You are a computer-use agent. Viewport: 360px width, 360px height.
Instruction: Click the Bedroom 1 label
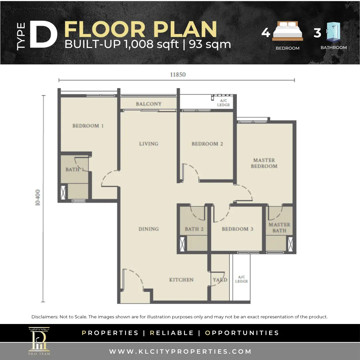pos(88,126)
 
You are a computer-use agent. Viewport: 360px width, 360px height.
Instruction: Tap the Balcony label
pos(149,104)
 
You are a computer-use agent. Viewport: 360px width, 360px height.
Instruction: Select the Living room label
pos(149,144)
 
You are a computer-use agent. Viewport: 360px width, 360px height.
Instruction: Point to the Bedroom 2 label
pos(207,144)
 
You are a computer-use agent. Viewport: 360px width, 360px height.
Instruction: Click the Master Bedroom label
pos(264,163)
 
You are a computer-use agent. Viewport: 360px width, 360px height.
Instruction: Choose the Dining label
pos(149,229)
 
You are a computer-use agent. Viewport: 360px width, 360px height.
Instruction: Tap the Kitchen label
pos(181,280)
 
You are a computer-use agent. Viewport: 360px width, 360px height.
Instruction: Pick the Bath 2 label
pos(194,229)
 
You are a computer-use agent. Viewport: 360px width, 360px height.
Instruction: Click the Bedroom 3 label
pos(237,229)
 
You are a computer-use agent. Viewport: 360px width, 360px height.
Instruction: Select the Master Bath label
pos(279,228)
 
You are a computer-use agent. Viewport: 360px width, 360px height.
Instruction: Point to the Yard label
pos(220,280)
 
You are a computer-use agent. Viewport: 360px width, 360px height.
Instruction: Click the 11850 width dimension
pos(178,75)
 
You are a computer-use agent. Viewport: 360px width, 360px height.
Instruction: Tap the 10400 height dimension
pos(38,197)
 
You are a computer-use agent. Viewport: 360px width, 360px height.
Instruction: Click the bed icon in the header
pos(288,31)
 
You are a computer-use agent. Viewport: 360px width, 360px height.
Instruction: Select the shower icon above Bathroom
pos(333,32)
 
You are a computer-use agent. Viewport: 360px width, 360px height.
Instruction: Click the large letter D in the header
pos(43,34)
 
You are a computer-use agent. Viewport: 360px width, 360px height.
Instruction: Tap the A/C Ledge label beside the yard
pos(241,279)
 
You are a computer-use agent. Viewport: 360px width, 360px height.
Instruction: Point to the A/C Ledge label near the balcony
pos(223,103)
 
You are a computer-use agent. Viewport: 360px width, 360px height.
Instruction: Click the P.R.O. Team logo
pos(39,341)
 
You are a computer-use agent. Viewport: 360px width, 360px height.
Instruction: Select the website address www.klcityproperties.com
pos(180,352)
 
